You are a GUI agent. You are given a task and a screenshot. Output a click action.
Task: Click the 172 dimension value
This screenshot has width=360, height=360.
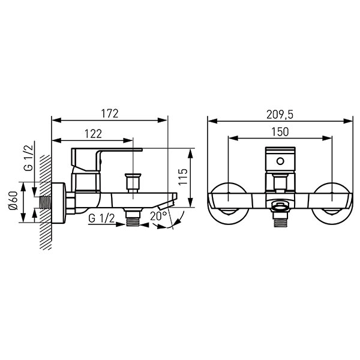110,113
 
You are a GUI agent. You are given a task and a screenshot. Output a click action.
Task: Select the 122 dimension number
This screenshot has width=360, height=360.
93,134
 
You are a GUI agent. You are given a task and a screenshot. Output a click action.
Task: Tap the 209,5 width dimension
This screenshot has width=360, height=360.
280,115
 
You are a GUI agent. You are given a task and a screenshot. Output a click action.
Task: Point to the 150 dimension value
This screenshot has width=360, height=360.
280,132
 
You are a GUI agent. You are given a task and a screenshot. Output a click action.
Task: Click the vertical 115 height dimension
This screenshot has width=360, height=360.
183,177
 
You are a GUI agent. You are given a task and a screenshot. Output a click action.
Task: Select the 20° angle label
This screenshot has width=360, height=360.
158,216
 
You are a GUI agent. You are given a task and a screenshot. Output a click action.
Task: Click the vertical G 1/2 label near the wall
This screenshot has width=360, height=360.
29,158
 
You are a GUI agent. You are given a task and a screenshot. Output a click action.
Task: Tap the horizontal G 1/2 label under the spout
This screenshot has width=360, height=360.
101,218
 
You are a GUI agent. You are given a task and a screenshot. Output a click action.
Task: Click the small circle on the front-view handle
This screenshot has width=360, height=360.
280,161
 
